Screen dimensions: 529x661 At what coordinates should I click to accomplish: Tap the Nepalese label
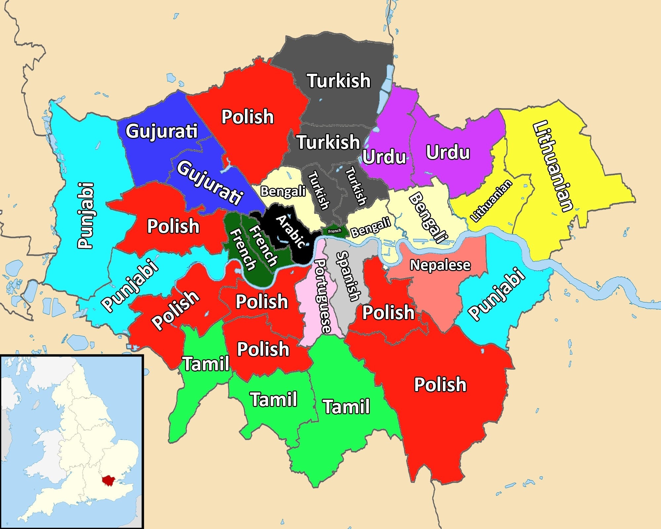[x=440, y=265]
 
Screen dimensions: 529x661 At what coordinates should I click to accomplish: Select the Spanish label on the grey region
[x=348, y=276]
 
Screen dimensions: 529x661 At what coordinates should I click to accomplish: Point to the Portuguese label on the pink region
[x=322, y=296]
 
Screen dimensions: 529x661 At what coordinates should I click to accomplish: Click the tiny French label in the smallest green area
[x=334, y=231]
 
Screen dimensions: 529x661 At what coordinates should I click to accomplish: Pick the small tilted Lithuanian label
[x=491, y=201]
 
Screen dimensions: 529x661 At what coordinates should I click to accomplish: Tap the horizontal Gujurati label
[x=162, y=131]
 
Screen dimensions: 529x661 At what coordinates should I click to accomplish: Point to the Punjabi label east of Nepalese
[x=497, y=294]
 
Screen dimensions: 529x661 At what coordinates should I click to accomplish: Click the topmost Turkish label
[x=339, y=81]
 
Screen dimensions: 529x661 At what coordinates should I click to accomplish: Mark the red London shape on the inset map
[x=108, y=480]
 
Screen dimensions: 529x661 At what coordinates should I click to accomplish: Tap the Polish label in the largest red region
[x=440, y=384]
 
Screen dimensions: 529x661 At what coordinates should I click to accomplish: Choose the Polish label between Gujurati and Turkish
[x=248, y=117]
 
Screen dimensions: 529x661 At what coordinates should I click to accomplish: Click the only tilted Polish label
[x=175, y=310]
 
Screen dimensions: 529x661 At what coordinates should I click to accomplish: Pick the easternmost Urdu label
[x=448, y=152]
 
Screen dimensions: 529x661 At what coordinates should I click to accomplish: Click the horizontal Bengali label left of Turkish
[x=283, y=191]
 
